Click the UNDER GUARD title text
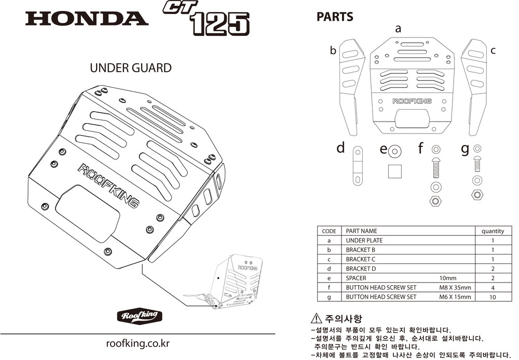click(x=131, y=68)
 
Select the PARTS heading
click(x=335, y=17)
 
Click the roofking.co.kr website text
click(x=138, y=343)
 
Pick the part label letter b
click(x=333, y=50)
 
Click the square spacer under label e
click(x=395, y=171)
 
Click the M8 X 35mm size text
click(x=455, y=287)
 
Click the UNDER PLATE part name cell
click(x=364, y=241)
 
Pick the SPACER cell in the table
click(x=356, y=278)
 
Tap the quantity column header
click(x=493, y=231)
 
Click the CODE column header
click(x=329, y=231)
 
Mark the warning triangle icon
click(x=316, y=318)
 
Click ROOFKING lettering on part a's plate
click(x=412, y=101)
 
